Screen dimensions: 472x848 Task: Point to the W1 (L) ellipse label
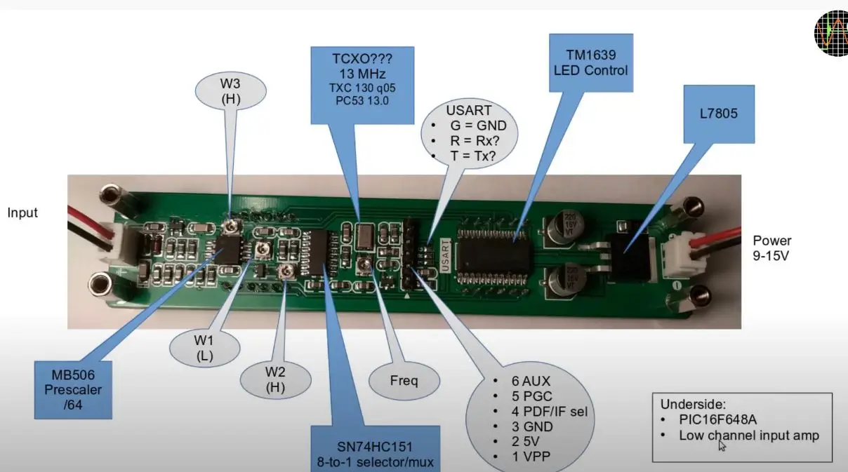204,347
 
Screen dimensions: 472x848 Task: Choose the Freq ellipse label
404,382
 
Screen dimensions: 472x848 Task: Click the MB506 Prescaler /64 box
74,389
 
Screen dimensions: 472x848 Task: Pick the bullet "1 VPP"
531,457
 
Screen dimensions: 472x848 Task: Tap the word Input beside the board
22,213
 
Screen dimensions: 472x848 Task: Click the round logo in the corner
831,34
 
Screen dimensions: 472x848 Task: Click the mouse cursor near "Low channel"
722,445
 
